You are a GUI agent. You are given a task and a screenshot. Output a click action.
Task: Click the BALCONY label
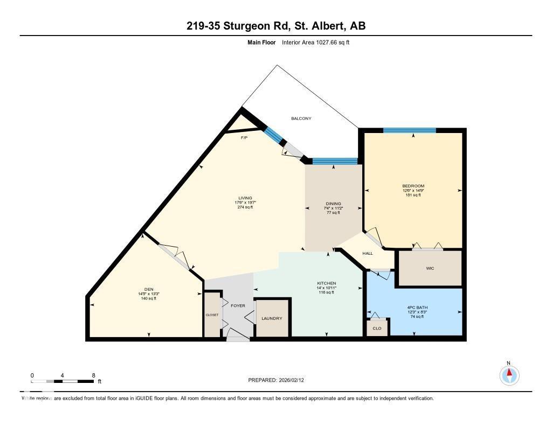pos(301,118)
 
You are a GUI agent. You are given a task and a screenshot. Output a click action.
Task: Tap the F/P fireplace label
pos(244,138)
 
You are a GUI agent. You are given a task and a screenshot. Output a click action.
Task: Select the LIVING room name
pos(245,198)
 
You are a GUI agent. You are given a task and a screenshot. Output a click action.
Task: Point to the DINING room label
pos(333,204)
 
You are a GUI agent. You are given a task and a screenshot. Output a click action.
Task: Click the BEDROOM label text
pos(413,186)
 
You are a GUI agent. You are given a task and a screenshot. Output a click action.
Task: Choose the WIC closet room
pos(430,268)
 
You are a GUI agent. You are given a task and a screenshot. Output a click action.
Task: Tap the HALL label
pos(368,253)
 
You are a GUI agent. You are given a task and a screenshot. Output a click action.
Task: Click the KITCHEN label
pos(326,283)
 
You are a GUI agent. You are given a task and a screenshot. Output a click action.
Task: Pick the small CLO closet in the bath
pos(377,328)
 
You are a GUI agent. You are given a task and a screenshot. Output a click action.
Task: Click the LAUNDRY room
pos(272,318)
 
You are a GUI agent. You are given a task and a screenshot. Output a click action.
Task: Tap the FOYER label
pos(238,306)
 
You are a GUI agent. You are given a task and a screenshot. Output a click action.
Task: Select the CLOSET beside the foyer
pos(212,315)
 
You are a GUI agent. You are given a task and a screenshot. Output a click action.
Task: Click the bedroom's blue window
pos(409,130)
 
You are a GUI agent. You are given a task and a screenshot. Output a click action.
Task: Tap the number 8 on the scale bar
pos(93,375)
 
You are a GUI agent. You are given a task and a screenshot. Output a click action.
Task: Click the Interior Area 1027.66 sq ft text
pos(316,42)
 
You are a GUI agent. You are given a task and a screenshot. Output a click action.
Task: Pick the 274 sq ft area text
pos(245,207)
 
